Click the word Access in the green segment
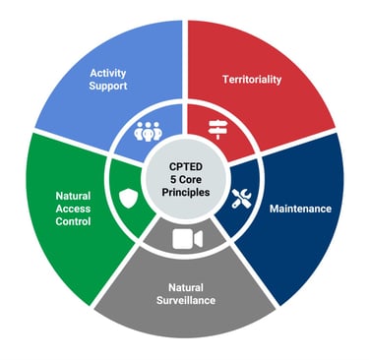coord(74,209)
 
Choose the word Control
coord(74,222)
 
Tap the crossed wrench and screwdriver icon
coord(241,198)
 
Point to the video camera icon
coord(185,239)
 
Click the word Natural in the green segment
coord(74,195)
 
